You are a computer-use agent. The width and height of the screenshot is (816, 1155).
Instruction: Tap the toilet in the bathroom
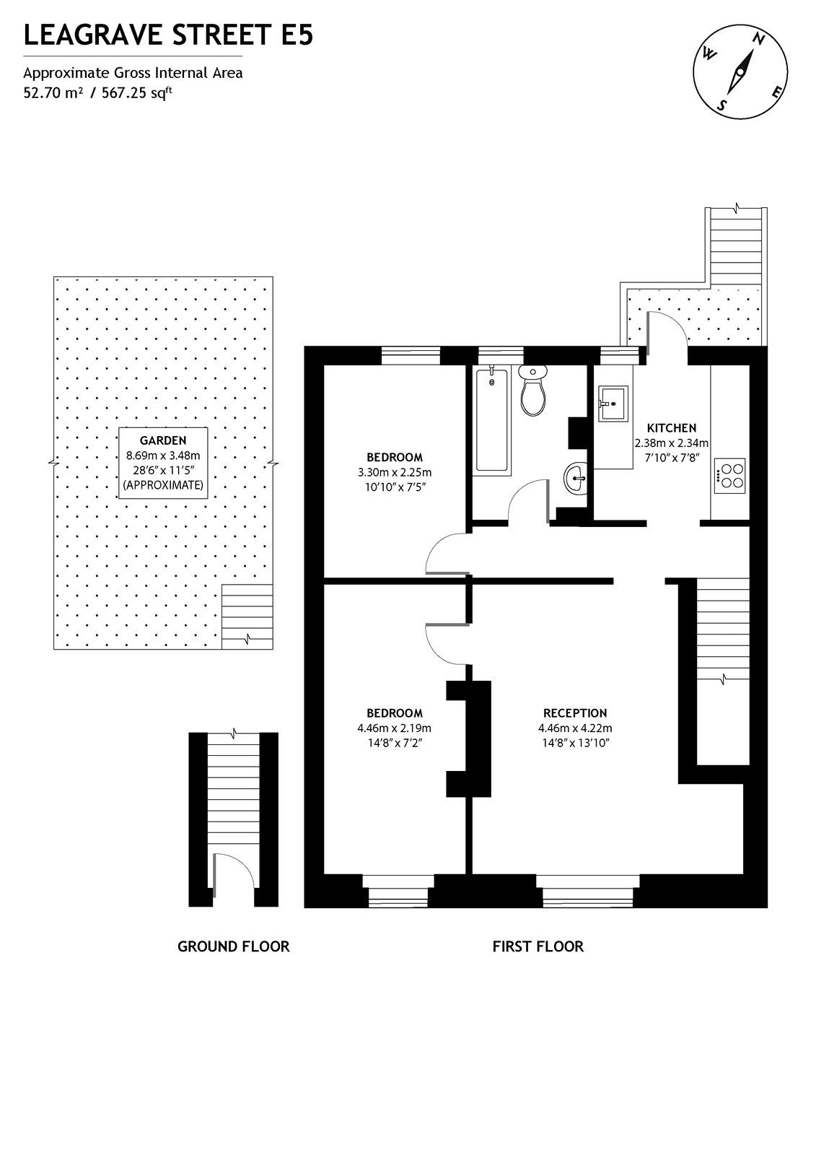(533, 391)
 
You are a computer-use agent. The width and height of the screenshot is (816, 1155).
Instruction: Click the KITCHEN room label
(671, 427)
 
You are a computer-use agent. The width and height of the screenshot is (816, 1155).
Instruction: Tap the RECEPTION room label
(575, 712)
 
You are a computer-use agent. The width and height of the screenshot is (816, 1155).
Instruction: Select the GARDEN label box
(163, 463)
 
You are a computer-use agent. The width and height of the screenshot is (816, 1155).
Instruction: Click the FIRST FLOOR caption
(538, 946)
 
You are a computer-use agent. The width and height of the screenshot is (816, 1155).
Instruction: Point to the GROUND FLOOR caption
(233, 946)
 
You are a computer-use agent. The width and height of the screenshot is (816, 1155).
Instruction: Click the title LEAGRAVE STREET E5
(168, 35)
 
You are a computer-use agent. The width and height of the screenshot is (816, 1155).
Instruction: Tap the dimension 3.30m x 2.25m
(394, 473)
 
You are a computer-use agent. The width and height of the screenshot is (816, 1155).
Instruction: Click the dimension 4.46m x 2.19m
(394, 728)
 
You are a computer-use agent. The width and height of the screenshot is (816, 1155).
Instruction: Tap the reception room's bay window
(588, 890)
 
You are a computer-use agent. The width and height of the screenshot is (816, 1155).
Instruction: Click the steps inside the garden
(247, 616)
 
